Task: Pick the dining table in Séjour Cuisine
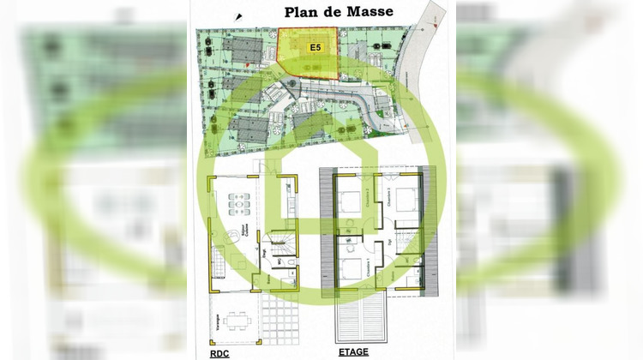click(236, 206)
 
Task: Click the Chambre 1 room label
click(370, 267)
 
